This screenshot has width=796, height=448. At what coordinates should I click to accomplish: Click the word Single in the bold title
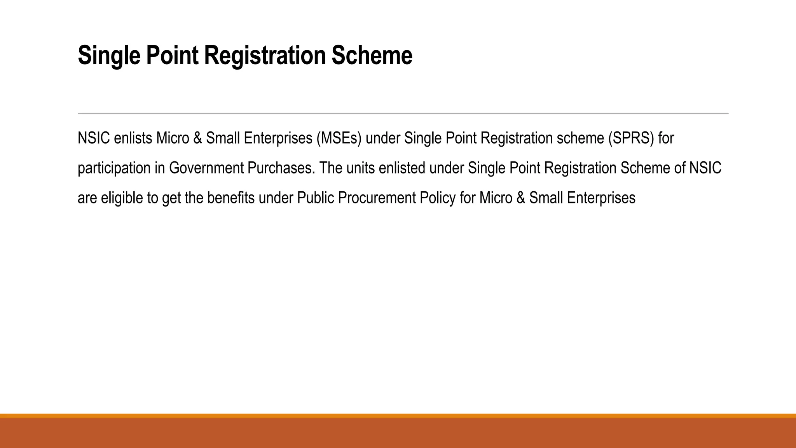point(109,56)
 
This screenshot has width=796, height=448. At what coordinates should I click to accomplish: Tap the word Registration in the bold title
point(265,56)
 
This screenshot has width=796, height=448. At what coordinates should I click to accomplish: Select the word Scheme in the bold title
point(372,56)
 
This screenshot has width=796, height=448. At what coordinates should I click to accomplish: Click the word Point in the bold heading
point(172,56)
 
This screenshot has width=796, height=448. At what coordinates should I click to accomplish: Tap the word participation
point(114,168)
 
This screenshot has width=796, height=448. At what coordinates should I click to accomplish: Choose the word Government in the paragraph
point(206,168)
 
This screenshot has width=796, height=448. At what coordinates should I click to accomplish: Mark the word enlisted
point(402,168)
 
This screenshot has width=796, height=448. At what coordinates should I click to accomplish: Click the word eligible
point(122,198)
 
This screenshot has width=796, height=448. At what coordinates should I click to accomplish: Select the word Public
point(315,198)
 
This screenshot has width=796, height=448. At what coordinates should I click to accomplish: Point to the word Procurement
point(377,198)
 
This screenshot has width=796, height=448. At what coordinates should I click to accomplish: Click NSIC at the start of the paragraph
point(94,138)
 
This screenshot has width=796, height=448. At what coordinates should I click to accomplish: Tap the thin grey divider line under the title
point(403,114)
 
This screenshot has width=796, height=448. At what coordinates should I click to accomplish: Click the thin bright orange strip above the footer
point(398,416)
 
